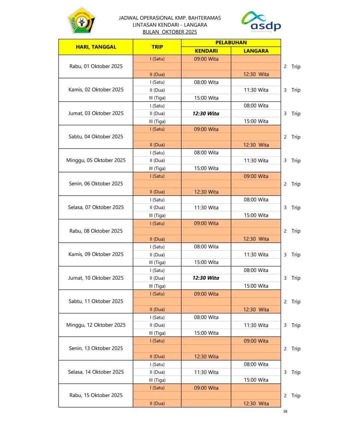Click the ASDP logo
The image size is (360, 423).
tap(261, 22)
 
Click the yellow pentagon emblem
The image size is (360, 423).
tap(82, 21)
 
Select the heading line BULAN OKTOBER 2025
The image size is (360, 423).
tap(170, 32)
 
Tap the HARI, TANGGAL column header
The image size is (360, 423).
tap(96, 47)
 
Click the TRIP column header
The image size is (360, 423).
tap(157, 47)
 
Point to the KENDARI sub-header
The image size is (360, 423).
tap(206, 51)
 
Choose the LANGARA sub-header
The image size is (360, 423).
tap(256, 51)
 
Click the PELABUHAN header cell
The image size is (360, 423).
tap(231, 42)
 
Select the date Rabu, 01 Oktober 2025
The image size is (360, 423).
tap(96, 66)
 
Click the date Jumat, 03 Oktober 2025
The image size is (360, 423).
tap(96, 113)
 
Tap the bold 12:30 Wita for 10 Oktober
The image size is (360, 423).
tap(206, 278)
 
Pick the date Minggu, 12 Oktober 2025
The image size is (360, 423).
tap(96, 325)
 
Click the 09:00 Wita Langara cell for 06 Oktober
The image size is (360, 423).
tap(256, 176)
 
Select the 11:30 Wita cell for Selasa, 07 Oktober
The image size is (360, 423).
tap(206, 207)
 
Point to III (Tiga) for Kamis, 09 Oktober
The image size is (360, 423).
tap(157, 262)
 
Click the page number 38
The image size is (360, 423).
tap(285, 411)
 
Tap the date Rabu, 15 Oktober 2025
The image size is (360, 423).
tap(96, 395)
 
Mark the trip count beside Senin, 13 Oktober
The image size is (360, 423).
tap(292, 349)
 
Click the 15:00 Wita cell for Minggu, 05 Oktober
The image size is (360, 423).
tap(206, 168)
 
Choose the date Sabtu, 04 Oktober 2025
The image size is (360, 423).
tap(96, 137)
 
